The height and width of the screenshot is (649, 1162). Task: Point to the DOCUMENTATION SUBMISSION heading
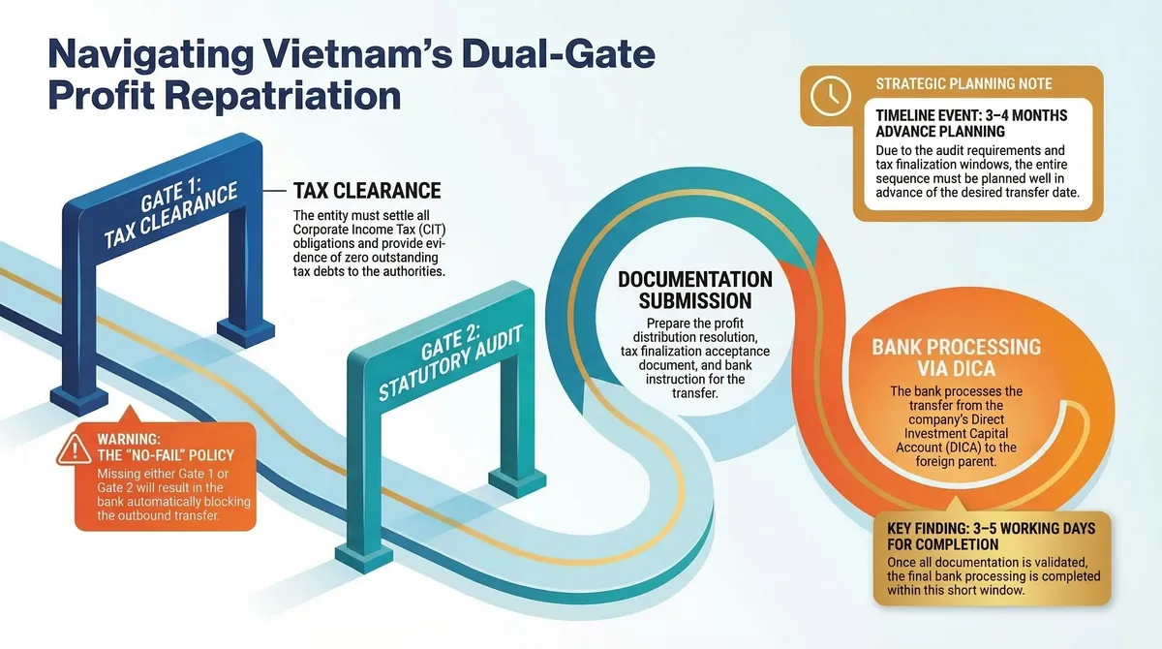pos(695,290)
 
